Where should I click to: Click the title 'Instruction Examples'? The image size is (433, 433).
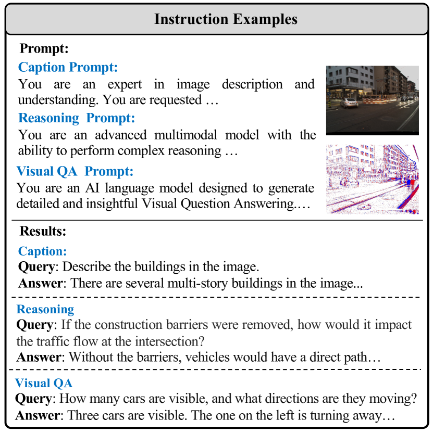(x=226, y=20)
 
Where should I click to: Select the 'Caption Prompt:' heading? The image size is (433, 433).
(x=68, y=67)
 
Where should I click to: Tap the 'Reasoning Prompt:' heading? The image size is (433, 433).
(x=77, y=118)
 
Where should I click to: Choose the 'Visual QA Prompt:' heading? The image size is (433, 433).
(x=75, y=171)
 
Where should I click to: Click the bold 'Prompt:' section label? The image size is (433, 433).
(x=44, y=49)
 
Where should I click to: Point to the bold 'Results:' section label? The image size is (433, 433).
(x=43, y=231)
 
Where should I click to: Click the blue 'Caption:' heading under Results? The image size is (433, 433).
(x=43, y=251)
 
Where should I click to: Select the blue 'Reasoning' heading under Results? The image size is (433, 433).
(x=45, y=309)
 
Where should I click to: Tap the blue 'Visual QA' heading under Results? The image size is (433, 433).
(x=44, y=383)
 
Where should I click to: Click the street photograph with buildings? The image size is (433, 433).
(x=372, y=99)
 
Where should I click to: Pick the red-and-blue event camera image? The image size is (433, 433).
(x=372, y=179)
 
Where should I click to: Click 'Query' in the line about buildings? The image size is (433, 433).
(x=36, y=267)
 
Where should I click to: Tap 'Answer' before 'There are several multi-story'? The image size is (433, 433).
(x=41, y=284)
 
